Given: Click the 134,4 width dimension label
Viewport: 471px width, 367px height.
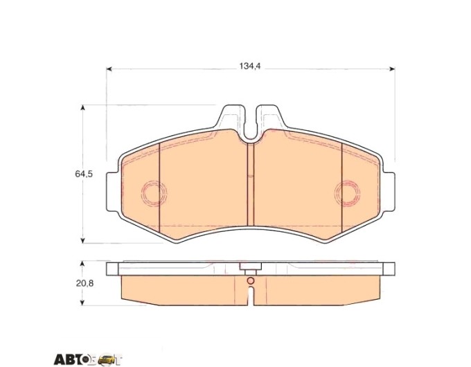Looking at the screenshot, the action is tap(249, 66).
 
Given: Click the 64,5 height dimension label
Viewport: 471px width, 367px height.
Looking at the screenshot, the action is tap(84, 174).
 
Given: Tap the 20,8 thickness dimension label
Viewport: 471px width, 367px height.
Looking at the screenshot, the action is tap(85, 283).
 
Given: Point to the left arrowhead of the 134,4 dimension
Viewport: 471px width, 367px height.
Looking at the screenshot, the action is tap(109, 69).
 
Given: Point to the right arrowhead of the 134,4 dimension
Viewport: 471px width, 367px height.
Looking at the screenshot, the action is tap(392, 69).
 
